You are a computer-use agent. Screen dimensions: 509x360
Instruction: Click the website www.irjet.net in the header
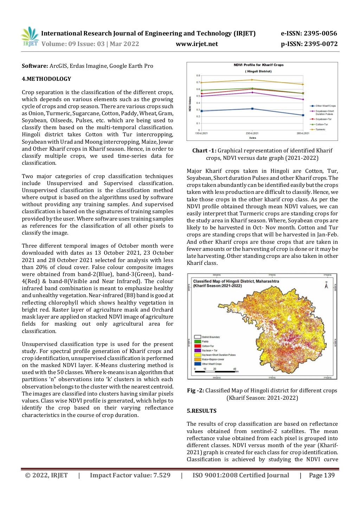click(x=197, y=44)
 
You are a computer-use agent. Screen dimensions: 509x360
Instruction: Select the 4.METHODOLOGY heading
click(x=46, y=79)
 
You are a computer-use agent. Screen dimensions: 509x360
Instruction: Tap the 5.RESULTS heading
click(x=201, y=411)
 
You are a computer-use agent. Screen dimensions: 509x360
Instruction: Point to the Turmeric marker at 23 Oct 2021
click(x=252, y=80)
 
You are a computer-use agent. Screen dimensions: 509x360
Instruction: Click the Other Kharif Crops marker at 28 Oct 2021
click(x=303, y=115)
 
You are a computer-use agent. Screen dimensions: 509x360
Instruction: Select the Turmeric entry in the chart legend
click(x=320, y=129)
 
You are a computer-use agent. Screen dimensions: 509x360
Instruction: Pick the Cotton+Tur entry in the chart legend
click(x=321, y=124)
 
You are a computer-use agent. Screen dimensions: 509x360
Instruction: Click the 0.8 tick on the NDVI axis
click(x=198, y=76)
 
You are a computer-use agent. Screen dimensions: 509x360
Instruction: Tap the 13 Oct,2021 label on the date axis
click(x=201, y=133)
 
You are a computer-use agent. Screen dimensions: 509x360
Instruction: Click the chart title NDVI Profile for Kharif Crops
click(x=258, y=65)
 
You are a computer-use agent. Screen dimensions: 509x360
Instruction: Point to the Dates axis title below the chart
click(x=252, y=138)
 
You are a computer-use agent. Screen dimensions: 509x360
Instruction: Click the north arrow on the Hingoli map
click(x=326, y=285)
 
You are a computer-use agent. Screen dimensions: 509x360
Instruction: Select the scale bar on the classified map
click(x=214, y=371)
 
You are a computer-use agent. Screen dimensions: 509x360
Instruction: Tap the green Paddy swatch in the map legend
click(x=197, y=341)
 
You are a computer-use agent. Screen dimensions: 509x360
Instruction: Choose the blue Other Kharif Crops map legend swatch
click(x=197, y=364)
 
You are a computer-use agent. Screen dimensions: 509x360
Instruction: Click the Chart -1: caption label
click(x=204, y=151)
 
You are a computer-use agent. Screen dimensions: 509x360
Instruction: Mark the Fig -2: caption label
click(x=195, y=391)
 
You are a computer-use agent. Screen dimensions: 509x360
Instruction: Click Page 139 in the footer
click(x=322, y=475)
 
